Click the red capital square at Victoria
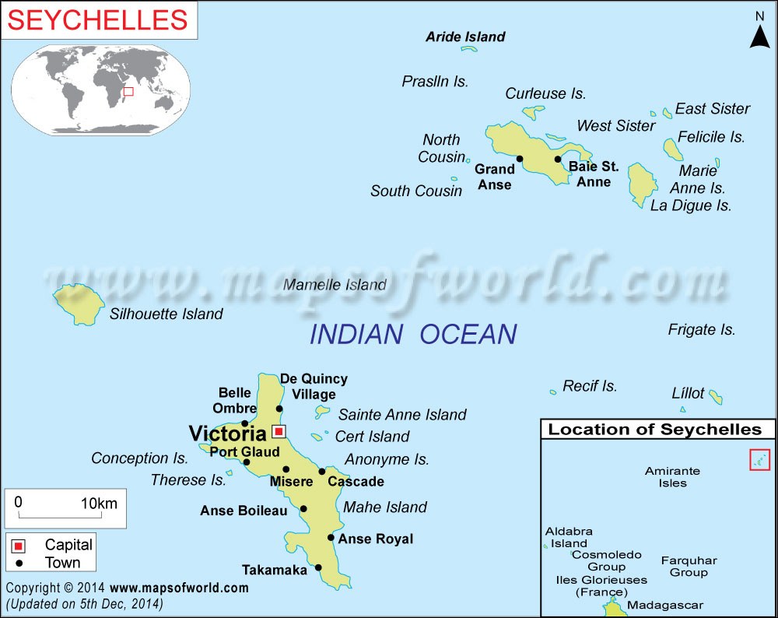click(x=279, y=430)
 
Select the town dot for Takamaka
click(x=318, y=567)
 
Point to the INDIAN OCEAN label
click(x=412, y=334)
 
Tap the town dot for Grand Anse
click(x=520, y=159)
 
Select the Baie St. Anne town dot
click(x=558, y=160)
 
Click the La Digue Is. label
click(x=691, y=205)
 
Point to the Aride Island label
click(x=465, y=37)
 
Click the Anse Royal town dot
click(x=331, y=537)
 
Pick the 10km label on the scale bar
click(x=99, y=503)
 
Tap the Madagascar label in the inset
click(x=664, y=605)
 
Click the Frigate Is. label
click(x=701, y=329)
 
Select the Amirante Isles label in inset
click(x=672, y=476)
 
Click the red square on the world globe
click(x=129, y=92)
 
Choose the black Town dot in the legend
click(x=18, y=562)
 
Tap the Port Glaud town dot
click(x=247, y=462)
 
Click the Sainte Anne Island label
click(x=402, y=415)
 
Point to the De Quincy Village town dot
click(x=280, y=409)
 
